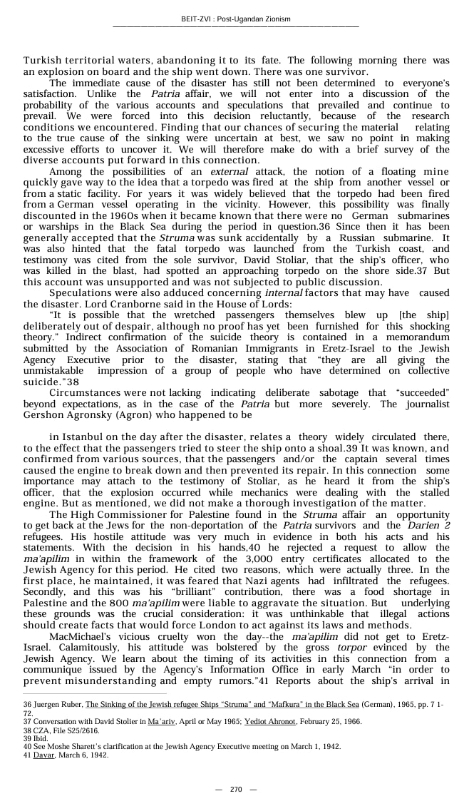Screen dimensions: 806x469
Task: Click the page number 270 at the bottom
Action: click(236, 789)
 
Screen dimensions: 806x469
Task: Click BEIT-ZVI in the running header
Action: click(197, 19)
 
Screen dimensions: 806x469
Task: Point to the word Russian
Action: click(366, 238)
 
